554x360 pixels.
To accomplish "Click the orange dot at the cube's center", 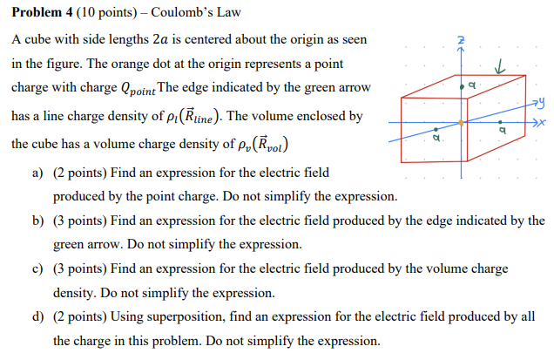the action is click(461, 122).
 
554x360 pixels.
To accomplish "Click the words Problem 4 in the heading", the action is click(39, 13).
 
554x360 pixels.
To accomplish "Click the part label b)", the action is click(38, 221).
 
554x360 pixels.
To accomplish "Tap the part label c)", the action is click(38, 269).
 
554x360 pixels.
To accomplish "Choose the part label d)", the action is click(38, 316).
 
